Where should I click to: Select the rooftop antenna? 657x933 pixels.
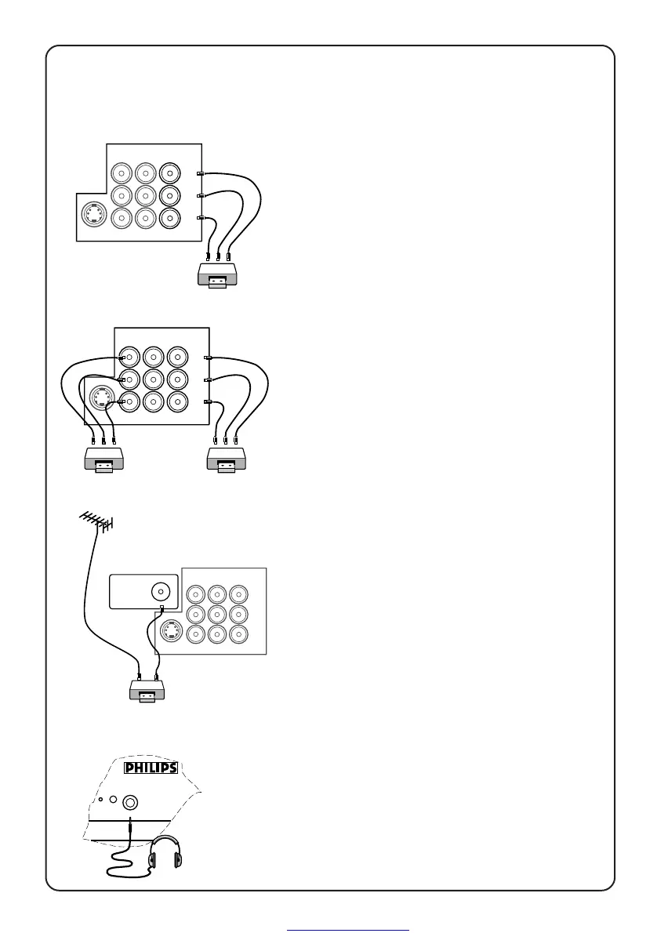96,521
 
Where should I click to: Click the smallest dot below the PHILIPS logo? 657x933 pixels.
100,800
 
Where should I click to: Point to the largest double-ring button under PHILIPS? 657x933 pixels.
129,802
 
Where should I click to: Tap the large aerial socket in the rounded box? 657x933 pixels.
161,591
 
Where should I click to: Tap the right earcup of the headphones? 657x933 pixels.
178,859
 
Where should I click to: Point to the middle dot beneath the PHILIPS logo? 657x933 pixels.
114,800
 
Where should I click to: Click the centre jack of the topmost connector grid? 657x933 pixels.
145,194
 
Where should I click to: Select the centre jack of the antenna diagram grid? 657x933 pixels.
217,614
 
